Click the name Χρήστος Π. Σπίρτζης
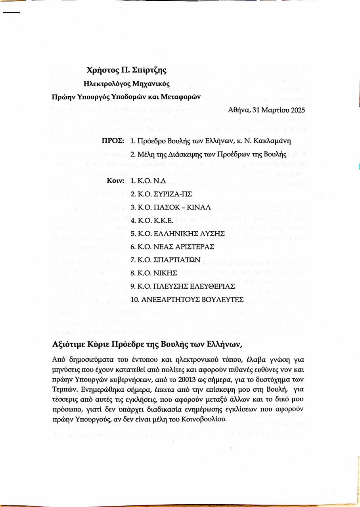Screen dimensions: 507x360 (126, 71)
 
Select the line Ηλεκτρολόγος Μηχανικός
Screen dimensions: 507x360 (126, 84)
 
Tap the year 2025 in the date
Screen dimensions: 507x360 (298, 110)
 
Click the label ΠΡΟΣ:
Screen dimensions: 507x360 (113, 141)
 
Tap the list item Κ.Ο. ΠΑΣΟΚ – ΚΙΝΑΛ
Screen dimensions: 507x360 (170, 207)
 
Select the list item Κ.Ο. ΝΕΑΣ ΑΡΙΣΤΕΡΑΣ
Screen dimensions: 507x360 (172, 246)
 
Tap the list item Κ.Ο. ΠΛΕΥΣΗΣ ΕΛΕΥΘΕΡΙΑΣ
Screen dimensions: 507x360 (182, 286)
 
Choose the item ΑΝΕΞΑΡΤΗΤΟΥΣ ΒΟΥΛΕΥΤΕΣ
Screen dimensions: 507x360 (187, 299)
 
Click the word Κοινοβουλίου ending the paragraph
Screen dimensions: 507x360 (198, 419)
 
